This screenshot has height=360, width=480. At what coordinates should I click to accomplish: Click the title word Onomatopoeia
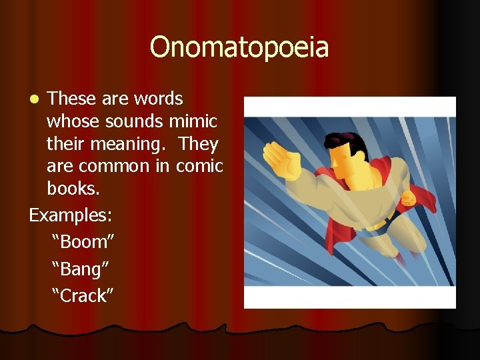pyautogui.click(x=239, y=47)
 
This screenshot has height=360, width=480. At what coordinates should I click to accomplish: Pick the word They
pyautogui.click(x=199, y=144)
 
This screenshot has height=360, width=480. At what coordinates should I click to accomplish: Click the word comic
pyautogui.click(x=199, y=166)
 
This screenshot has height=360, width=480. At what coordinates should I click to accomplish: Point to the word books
pyautogui.click(x=73, y=189)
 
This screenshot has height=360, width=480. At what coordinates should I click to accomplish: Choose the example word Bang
pyautogui.click(x=81, y=269)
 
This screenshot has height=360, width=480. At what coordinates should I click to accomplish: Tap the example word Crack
pyautogui.click(x=83, y=295)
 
